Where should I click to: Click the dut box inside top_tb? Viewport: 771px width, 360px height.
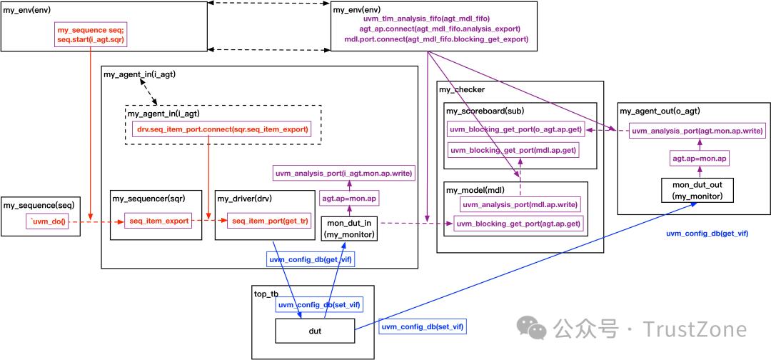click(x=315, y=330)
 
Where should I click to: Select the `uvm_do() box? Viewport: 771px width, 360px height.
click(x=47, y=222)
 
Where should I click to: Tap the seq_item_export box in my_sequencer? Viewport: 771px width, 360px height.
click(x=158, y=221)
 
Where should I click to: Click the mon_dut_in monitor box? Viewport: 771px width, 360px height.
click(x=348, y=228)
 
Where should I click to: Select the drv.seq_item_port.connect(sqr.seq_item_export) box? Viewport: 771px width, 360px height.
click(x=223, y=129)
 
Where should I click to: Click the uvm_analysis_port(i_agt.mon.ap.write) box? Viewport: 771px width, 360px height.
click(x=344, y=173)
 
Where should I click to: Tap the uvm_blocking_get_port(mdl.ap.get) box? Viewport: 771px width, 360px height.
click(x=513, y=151)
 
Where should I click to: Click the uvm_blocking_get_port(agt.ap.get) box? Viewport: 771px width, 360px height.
click(x=518, y=224)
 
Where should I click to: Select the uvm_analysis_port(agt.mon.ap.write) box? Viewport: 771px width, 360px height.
click(x=697, y=131)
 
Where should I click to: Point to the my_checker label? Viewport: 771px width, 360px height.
click(x=461, y=89)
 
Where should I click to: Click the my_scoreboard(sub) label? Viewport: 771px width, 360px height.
click(x=485, y=111)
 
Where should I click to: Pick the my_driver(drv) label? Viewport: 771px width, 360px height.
click(x=244, y=198)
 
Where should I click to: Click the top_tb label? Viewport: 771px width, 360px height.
click(x=266, y=294)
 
